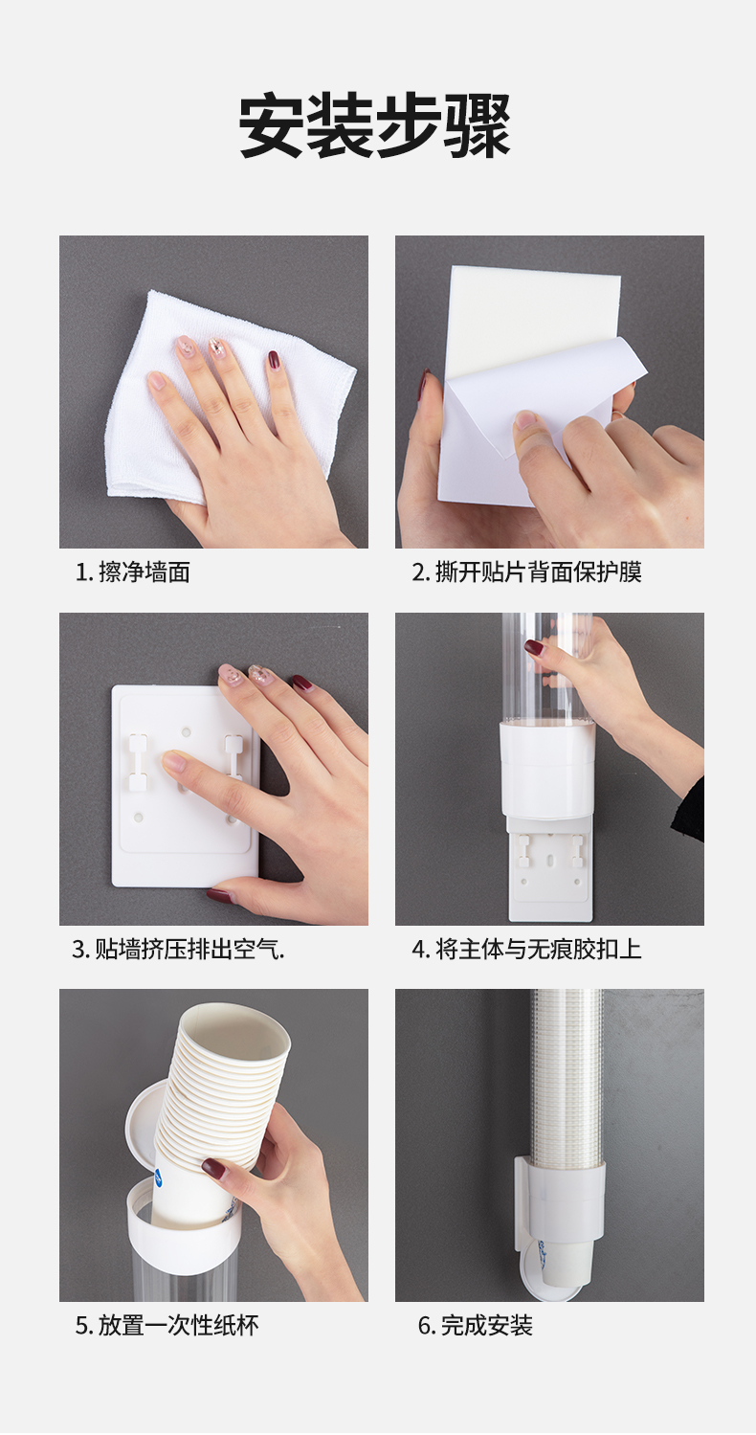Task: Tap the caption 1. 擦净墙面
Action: coord(132,572)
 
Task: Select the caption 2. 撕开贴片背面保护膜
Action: coord(526,572)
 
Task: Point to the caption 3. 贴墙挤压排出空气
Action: coord(178,949)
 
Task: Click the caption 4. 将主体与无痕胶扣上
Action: coord(526,949)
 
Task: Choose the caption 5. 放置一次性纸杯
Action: coord(167,1326)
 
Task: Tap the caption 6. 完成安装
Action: coord(475,1326)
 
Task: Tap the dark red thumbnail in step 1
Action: coord(274,360)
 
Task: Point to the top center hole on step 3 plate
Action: coord(187,731)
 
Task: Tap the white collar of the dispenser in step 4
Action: coord(547,769)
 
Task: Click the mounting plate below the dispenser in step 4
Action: coord(548,868)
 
